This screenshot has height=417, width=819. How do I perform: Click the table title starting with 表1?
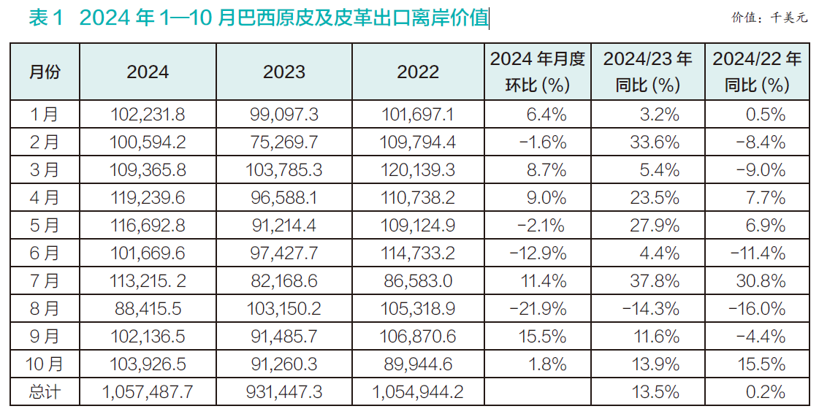259,18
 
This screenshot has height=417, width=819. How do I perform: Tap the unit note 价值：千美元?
769,18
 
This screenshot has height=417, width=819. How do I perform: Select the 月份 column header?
45,72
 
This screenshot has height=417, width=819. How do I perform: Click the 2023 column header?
284,72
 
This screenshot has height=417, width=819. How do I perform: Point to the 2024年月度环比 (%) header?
537,72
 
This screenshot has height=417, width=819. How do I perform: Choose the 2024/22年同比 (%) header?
756,72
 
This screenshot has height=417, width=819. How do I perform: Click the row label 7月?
45,281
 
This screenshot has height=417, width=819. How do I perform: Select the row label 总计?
45,392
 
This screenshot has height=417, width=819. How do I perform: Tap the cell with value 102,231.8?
148,114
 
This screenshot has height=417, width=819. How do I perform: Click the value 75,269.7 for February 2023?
284,142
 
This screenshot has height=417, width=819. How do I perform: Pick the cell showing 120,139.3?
418,169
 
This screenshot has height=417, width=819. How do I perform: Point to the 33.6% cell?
655,142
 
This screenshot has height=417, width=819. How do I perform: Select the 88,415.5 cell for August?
148,309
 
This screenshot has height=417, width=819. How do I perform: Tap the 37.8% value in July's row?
655,281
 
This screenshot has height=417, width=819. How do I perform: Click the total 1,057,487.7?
148,392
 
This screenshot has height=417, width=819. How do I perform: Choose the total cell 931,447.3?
284,392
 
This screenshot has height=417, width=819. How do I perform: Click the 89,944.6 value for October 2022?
418,364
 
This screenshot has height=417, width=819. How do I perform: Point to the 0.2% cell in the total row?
766,392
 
